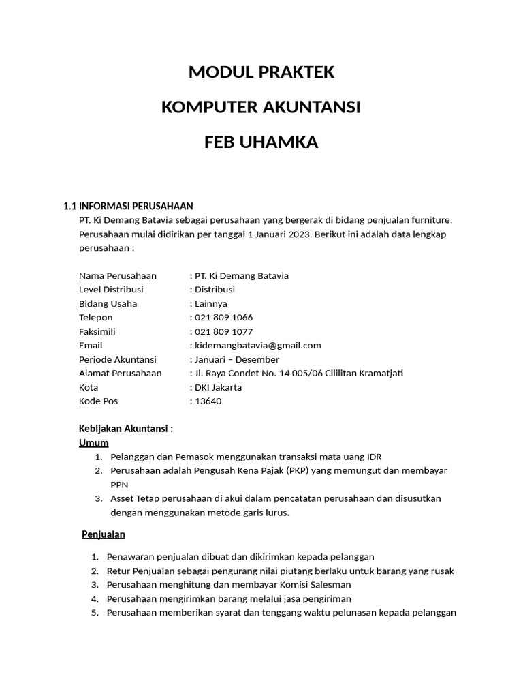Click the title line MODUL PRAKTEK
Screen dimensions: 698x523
coord(261,72)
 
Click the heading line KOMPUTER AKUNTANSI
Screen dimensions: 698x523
coord(261,108)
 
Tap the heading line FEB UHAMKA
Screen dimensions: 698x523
coord(261,142)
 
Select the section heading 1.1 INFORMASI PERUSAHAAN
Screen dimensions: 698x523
coord(128,206)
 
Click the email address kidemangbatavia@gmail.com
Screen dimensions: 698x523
coord(257,346)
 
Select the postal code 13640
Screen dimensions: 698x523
coord(208,401)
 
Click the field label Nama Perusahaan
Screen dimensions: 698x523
coord(118,276)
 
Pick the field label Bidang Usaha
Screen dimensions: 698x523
coord(108,304)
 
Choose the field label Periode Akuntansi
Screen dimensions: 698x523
coord(118,359)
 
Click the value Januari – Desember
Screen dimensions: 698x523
coord(236,359)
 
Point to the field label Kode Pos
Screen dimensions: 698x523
coord(98,401)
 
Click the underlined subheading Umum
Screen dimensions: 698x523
coord(94,443)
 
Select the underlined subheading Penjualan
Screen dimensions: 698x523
coord(104,534)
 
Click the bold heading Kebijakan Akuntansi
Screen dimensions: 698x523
coord(125,429)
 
